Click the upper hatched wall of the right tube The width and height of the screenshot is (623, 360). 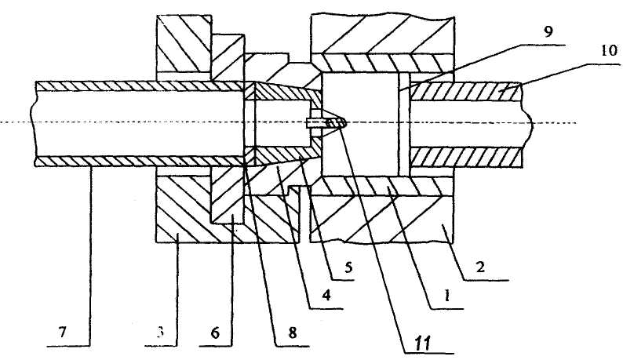pyautogui.click(x=466, y=92)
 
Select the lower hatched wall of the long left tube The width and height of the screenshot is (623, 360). pyautogui.click(x=133, y=160)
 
